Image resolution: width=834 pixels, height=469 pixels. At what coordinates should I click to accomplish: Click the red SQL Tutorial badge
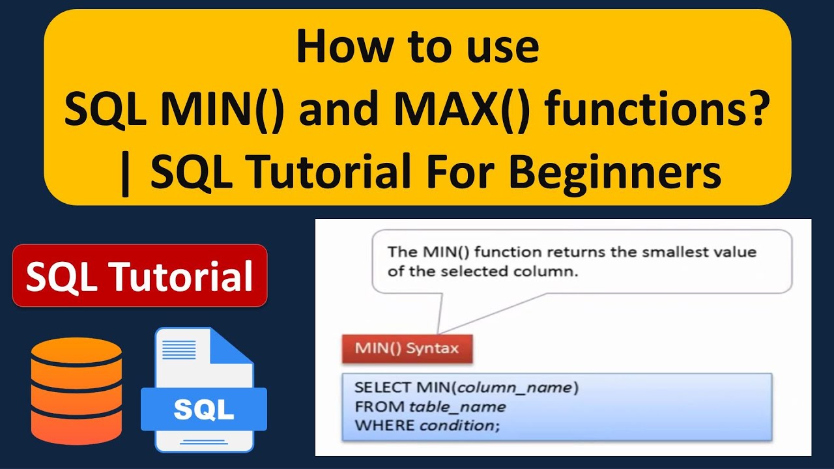139,276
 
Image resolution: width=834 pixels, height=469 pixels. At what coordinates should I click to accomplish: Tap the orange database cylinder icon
76,390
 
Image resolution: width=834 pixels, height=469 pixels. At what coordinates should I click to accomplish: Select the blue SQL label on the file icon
204,409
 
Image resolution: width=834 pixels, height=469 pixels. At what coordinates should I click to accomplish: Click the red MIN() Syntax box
407,348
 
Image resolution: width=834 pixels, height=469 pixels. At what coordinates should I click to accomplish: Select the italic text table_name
457,407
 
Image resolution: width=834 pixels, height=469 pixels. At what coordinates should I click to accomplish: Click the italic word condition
456,426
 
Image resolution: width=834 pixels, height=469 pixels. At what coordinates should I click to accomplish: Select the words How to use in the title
418,48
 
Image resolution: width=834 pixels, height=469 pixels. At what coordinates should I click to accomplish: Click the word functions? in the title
655,111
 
